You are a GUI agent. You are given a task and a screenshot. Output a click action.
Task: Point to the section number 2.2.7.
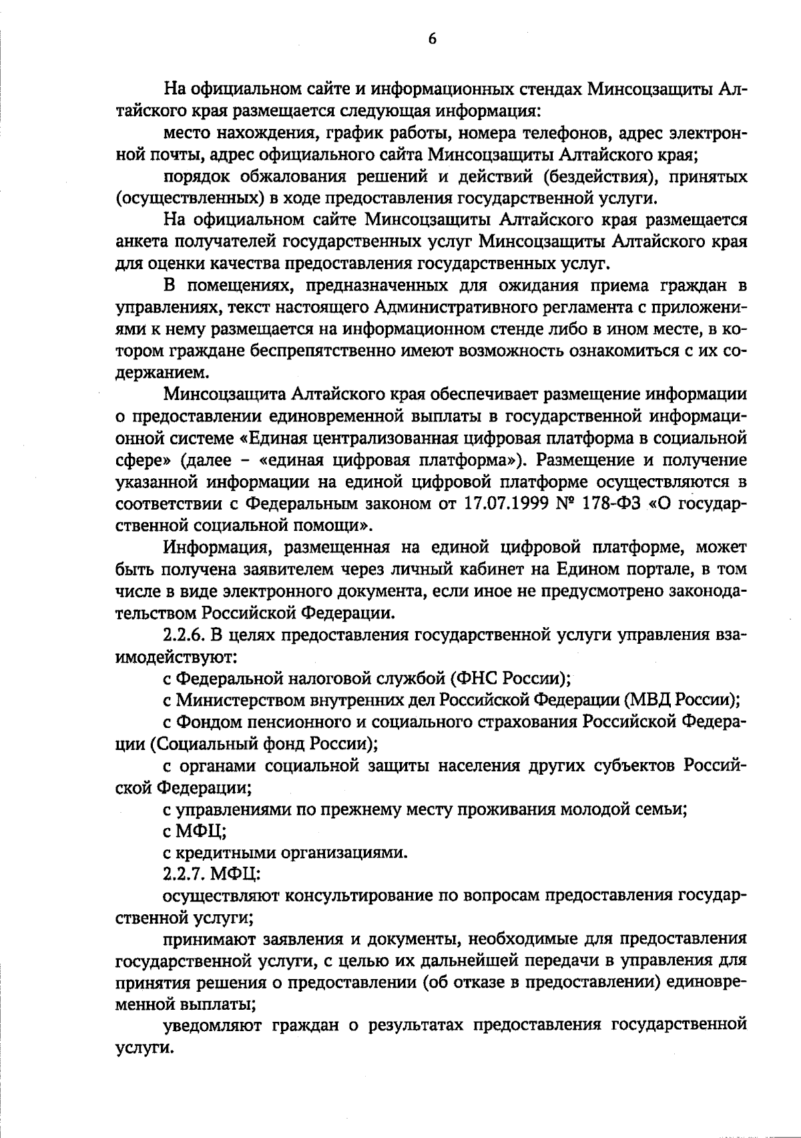point(184,873)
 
